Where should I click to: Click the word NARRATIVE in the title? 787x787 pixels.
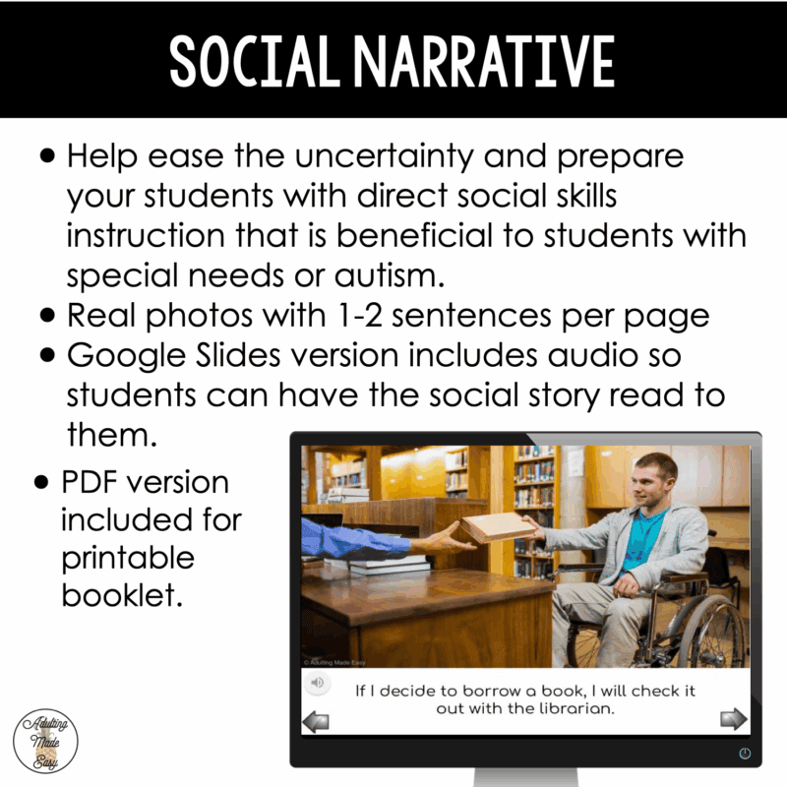point(479,62)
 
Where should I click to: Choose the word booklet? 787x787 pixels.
point(123,595)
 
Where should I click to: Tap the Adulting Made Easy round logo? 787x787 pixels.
point(45,736)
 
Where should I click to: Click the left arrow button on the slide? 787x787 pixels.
point(316,721)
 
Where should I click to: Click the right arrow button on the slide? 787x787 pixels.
point(734,719)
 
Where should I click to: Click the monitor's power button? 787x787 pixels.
point(744,753)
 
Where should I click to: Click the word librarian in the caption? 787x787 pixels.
point(577,708)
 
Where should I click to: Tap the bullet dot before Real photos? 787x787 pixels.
point(47,317)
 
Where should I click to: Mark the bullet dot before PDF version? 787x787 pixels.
point(41,483)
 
